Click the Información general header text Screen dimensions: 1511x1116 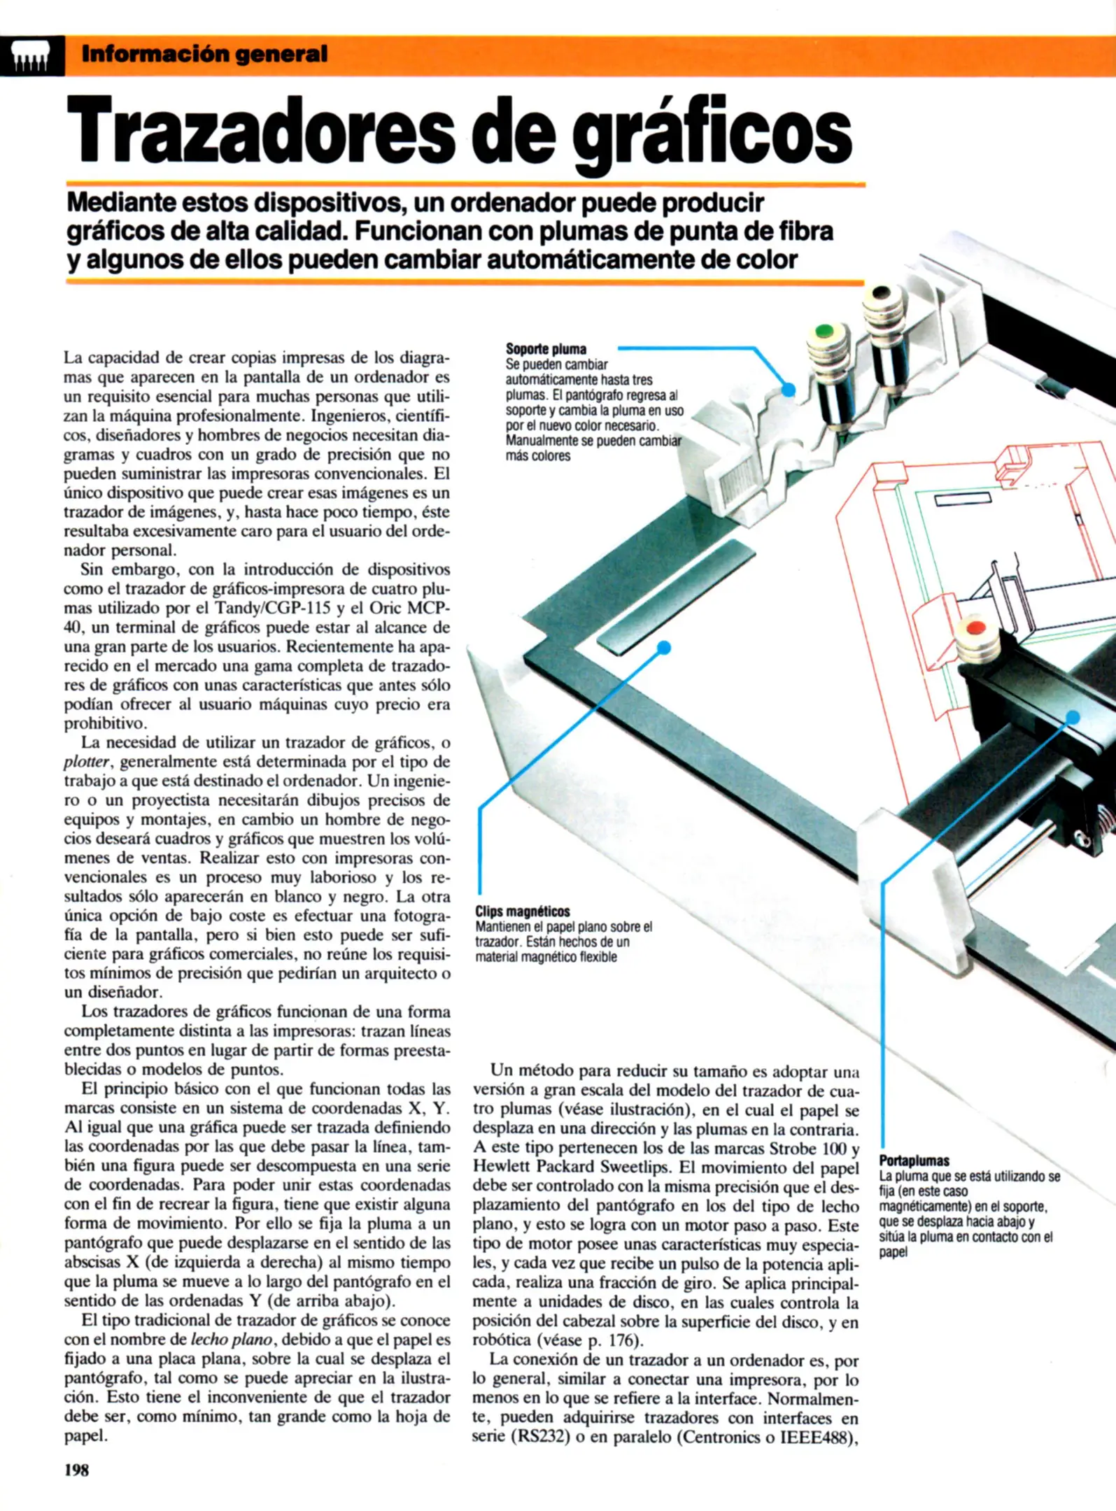[204, 54]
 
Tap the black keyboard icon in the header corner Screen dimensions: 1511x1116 [31, 56]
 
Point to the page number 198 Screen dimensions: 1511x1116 [76, 1470]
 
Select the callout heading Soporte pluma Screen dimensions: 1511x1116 [546, 348]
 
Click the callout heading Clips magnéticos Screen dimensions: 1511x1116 [522, 911]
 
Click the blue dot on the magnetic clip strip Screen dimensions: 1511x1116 [664, 648]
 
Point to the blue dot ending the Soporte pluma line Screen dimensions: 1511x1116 [789, 390]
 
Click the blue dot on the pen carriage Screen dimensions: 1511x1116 [1073, 716]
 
